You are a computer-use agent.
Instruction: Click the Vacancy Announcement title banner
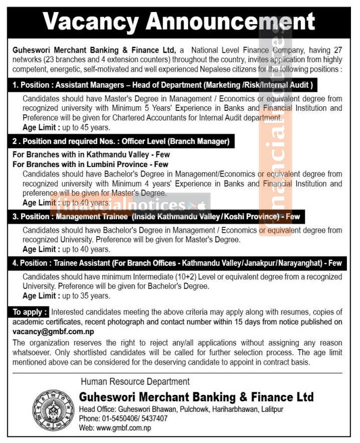pyautogui.click(x=179, y=22)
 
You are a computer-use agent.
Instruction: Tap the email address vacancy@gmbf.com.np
pyautogui.click(x=53, y=332)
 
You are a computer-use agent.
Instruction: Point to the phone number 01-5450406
pyautogui.click(x=120, y=418)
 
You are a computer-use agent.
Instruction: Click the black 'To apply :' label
pyautogui.click(x=30, y=312)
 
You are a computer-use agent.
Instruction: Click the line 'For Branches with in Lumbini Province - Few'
pyautogui.click(x=90, y=164)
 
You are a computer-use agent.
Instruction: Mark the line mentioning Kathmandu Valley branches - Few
pyautogui.click(x=88, y=155)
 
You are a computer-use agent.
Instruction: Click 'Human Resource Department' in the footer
pyautogui.click(x=135, y=382)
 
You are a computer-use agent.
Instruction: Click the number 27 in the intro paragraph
pyautogui.click(x=337, y=51)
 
